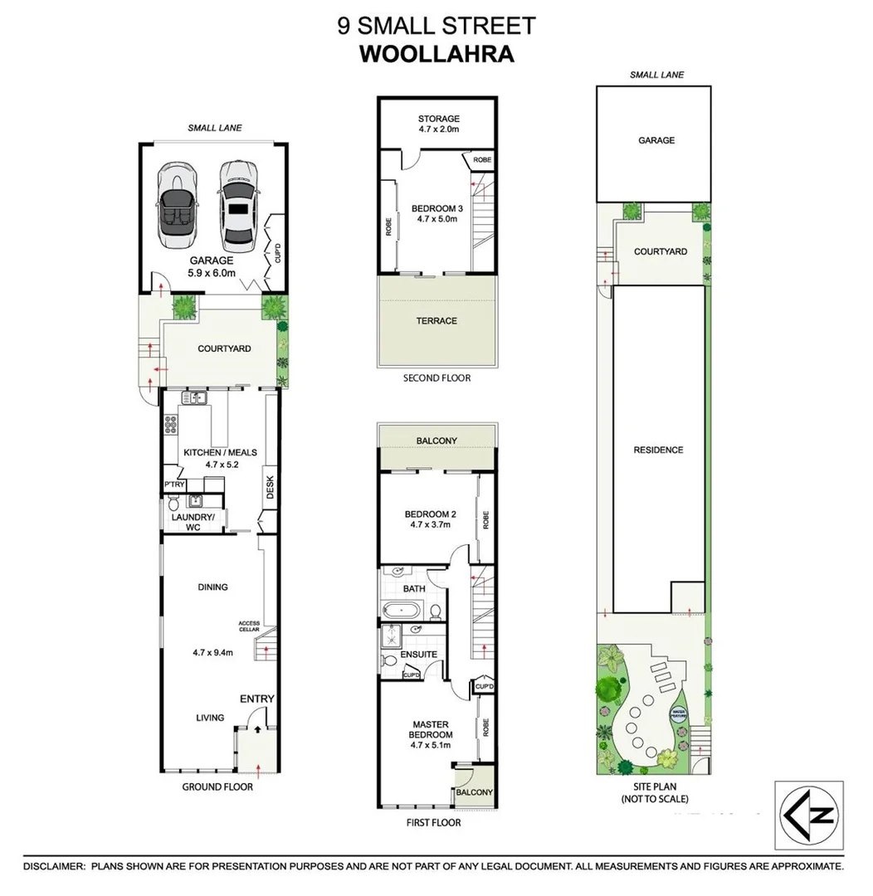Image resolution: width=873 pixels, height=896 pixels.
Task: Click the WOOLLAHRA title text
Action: point(436,54)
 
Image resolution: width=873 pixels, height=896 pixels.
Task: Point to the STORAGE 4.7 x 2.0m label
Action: point(437,124)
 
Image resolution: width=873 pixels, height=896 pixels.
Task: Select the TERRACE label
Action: point(436,321)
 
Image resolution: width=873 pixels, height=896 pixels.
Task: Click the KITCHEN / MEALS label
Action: point(220,458)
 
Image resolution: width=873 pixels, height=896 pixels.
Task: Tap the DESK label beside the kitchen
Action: point(270,483)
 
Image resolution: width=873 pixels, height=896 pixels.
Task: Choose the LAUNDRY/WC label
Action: point(193,522)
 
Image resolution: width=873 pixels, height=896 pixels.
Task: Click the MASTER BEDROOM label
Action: point(431,729)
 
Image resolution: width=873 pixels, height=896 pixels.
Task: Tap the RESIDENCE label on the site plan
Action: point(658,450)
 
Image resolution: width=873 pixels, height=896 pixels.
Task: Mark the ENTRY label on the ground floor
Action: point(256,699)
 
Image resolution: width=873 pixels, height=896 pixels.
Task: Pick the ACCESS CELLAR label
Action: point(249,626)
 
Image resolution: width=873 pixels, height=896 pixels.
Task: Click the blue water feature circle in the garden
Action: point(680,712)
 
